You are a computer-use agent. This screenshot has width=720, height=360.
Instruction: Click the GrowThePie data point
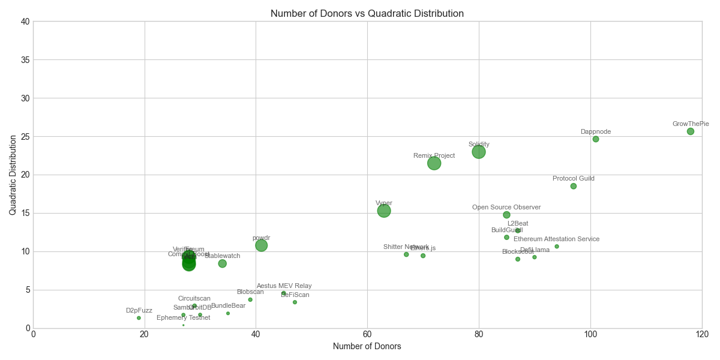pyautogui.click(x=691, y=131)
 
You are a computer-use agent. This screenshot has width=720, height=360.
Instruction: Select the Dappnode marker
pyautogui.click(x=596, y=139)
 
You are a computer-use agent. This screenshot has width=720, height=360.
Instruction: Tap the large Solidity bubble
pyautogui.click(x=479, y=152)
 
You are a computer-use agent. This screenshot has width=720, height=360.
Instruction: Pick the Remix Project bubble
pyautogui.click(x=434, y=163)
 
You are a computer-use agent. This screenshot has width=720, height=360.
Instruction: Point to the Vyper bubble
pyautogui.click(x=384, y=211)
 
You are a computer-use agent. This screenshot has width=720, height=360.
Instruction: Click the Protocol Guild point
pyautogui.click(x=574, y=186)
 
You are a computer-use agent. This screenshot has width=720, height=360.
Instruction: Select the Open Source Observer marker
pyautogui.click(x=506, y=215)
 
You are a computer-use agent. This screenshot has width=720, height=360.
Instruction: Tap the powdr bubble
pyautogui.click(x=262, y=245)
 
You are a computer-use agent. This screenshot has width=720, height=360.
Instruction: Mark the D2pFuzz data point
pyautogui.click(x=139, y=318)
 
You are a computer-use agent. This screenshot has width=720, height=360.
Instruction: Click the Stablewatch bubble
pyautogui.click(x=223, y=263)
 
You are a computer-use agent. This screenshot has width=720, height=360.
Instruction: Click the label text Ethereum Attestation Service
pyautogui.click(x=556, y=239)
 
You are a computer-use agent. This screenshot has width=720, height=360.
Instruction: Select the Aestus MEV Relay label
pyautogui.click(x=284, y=286)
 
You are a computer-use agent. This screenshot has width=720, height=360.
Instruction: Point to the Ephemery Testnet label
pyautogui.click(x=183, y=318)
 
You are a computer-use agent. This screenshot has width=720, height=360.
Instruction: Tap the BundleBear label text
pyautogui.click(x=228, y=306)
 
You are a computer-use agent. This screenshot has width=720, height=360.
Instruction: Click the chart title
pyautogui.click(x=367, y=13)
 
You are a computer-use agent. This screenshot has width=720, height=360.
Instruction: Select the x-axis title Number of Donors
pyautogui.click(x=367, y=346)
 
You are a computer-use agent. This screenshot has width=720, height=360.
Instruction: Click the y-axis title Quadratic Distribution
pyautogui.click(x=13, y=175)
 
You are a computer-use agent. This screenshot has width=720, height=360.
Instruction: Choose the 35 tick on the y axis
pyautogui.click(x=25, y=60)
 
